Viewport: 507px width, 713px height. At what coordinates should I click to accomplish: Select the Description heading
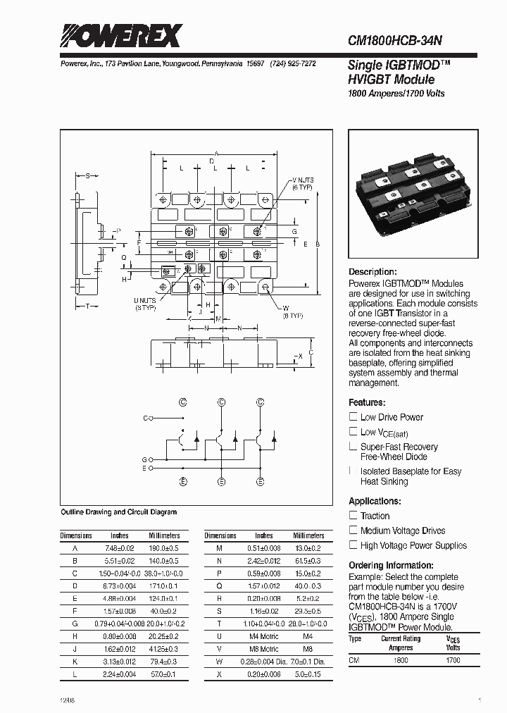373,272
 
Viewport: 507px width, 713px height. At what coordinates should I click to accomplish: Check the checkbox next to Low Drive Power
353,417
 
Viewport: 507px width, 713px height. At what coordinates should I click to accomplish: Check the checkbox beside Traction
353,516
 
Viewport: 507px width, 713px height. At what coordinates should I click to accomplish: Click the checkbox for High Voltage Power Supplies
353,545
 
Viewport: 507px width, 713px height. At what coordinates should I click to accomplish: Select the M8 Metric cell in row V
264,649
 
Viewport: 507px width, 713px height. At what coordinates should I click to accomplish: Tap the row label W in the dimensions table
219,662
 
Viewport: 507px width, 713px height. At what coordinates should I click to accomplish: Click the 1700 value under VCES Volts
453,660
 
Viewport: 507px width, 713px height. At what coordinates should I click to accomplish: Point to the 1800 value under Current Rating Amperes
401,660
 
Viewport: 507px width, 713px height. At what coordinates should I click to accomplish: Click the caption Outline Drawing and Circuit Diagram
119,512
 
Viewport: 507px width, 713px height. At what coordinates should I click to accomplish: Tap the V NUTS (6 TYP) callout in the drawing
303,185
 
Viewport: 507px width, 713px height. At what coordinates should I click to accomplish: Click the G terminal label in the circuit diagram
144,459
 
